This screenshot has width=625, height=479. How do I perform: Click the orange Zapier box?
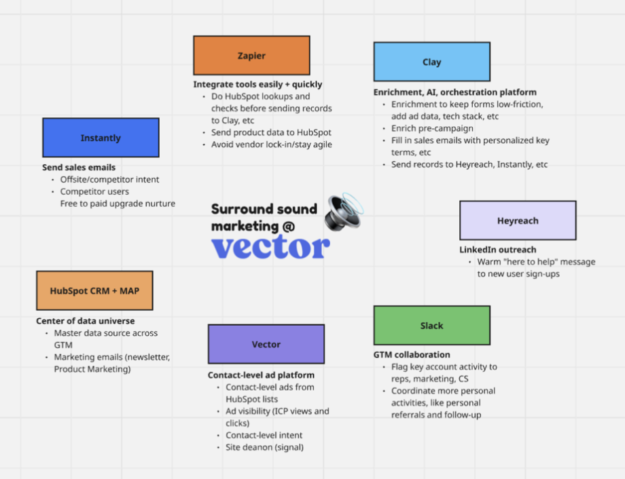tap(251, 56)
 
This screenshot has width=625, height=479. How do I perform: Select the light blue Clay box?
tap(431, 62)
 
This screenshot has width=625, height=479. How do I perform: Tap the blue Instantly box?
tap(101, 138)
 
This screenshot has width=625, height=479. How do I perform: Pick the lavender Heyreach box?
tap(518, 221)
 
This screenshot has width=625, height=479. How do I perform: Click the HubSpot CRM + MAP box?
tap(94, 290)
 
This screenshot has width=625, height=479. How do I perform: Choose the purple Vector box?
tap(266, 344)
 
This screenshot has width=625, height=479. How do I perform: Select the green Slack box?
tap(431, 326)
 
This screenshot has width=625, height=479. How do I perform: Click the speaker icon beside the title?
tap(344, 210)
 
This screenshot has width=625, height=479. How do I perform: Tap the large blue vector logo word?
tap(270, 247)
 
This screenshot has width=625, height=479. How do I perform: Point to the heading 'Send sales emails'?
tap(79, 168)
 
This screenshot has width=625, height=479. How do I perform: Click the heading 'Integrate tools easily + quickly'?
tap(257, 85)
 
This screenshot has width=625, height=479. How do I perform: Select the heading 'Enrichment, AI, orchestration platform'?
tap(454, 92)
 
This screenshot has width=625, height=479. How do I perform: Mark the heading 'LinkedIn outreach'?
tap(497, 250)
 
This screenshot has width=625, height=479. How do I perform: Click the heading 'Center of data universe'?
tap(85, 321)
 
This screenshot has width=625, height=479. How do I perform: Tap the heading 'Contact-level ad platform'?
tap(261, 375)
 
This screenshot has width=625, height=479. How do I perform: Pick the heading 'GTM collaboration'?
tap(412, 355)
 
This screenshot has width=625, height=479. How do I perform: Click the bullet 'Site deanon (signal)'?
tap(265, 448)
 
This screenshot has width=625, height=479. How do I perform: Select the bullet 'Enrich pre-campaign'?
tap(432, 128)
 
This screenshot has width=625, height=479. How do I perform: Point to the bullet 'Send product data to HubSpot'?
tap(271, 132)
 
